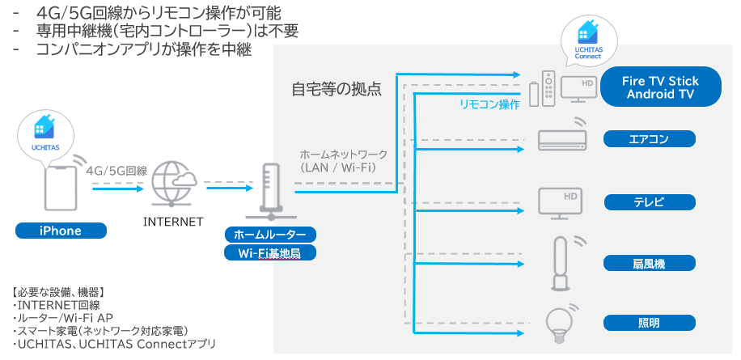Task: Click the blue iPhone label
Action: pyautogui.click(x=61, y=231)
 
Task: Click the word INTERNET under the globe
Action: pyautogui.click(x=172, y=222)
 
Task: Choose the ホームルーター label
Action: pyautogui.click(x=270, y=235)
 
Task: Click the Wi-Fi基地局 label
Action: pyautogui.click(x=270, y=252)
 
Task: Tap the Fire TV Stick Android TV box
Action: pyautogui.click(x=660, y=87)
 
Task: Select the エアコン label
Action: pyautogui.click(x=649, y=139)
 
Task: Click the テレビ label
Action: pyautogui.click(x=649, y=201)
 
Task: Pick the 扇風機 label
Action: pyautogui.click(x=649, y=263)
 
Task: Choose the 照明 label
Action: pyautogui.click(x=649, y=323)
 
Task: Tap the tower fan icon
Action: pyautogui.click(x=560, y=263)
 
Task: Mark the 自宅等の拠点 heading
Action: pyautogui.click(x=336, y=89)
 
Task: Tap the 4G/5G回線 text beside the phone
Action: pyautogui.click(x=116, y=171)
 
